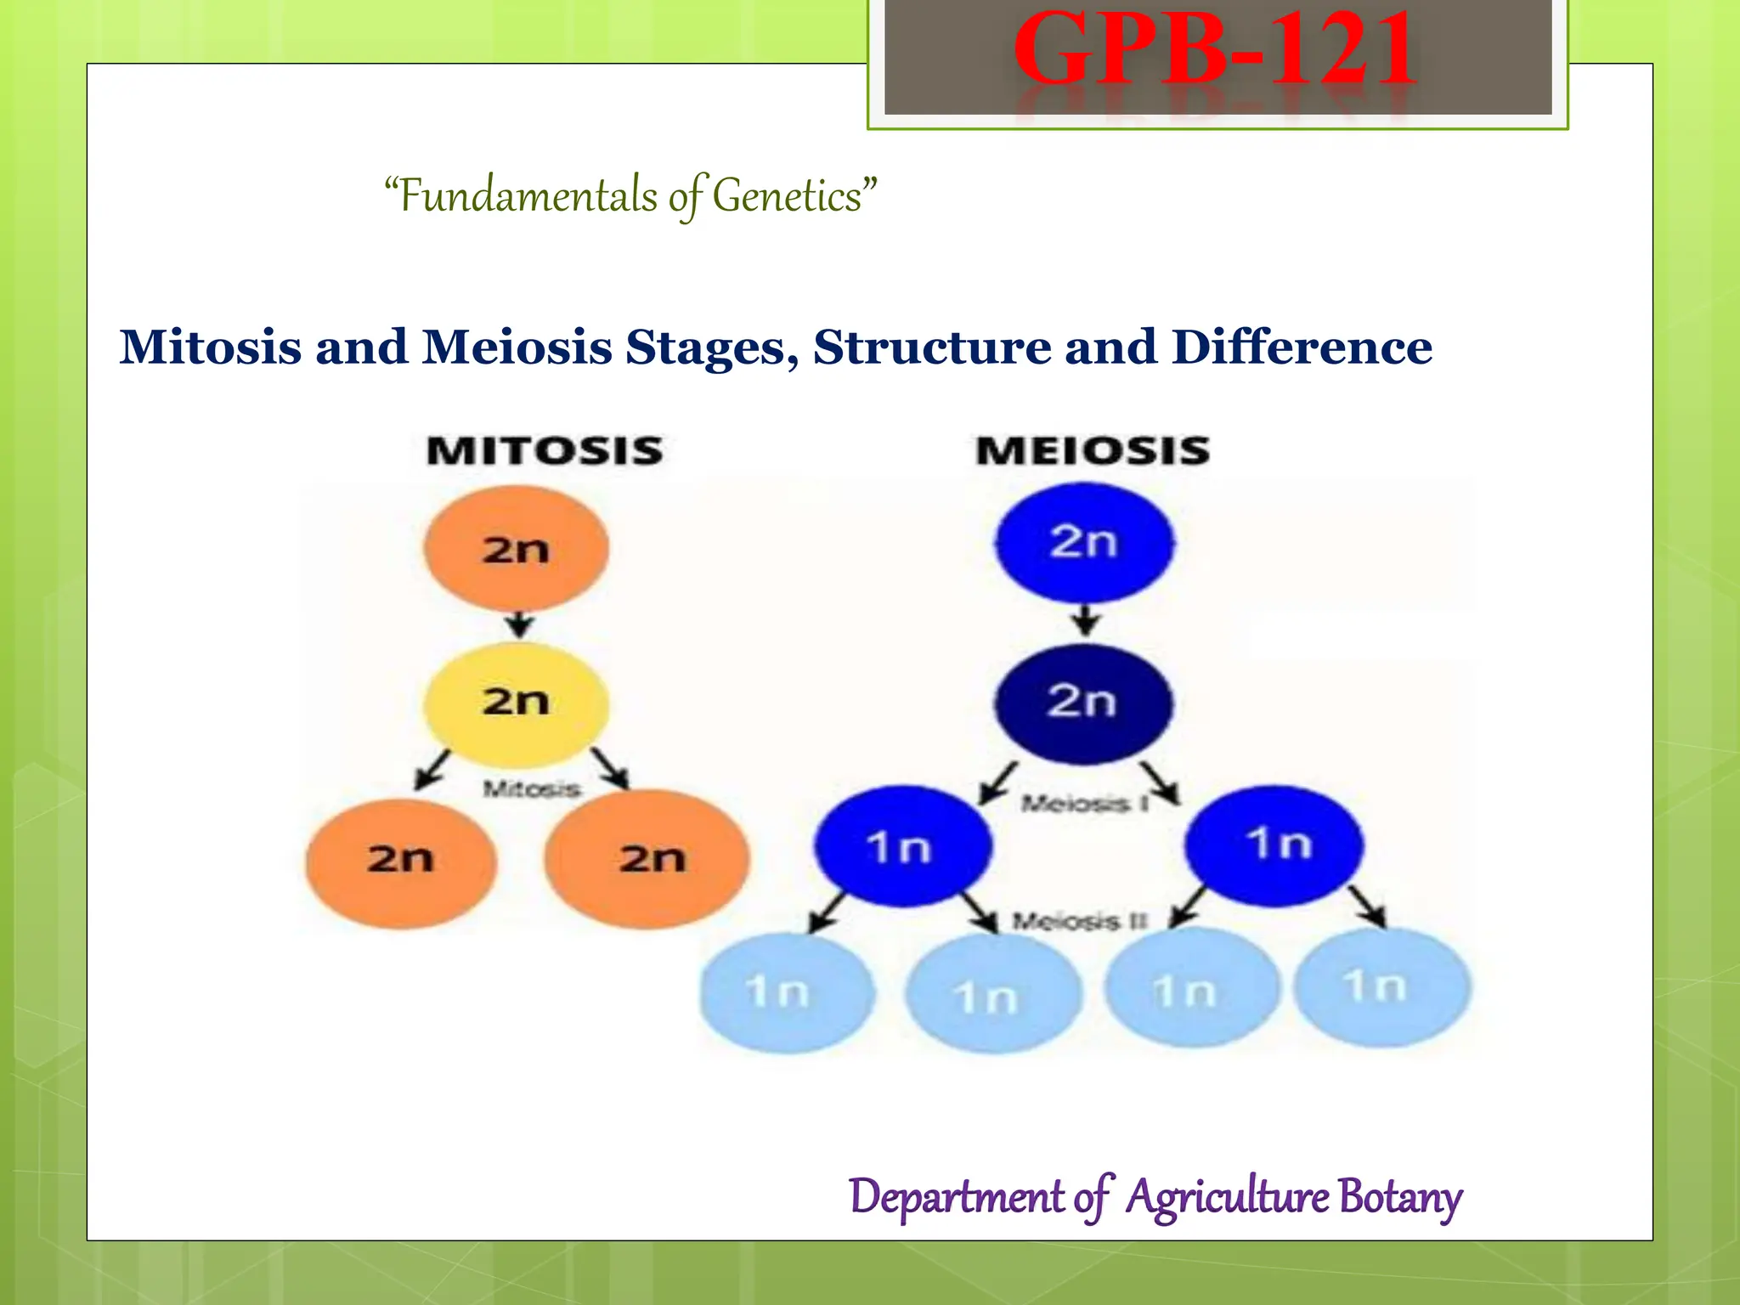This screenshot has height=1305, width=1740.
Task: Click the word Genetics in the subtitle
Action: pyautogui.click(x=787, y=196)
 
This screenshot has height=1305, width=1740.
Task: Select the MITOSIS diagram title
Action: pyautogui.click(x=545, y=450)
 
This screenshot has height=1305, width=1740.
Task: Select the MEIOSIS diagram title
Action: pyautogui.click(x=1093, y=450)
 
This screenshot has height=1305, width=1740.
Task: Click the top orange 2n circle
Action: pyautogui.click(x=516, y=548)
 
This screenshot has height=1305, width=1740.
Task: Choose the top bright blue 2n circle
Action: pyautogui.click(x=1084, y=542)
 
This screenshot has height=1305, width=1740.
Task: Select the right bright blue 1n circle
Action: pyautogui.click(x=1274, y=845)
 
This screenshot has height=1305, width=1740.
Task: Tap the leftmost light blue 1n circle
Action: pyautogui.click(x=786, y=992)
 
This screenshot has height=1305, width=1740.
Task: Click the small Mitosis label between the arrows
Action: pyautogui.click(x=532, y=789)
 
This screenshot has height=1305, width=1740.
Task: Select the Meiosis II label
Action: pyautogui.click(x=1080, y=921)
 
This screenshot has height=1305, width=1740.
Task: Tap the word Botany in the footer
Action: pyautogui.click(x=1399, y=1196)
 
